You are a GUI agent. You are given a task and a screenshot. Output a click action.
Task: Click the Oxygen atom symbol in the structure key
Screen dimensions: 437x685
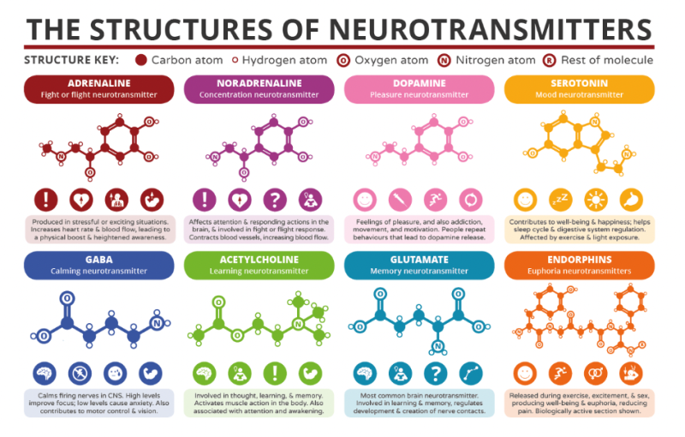(343, 60)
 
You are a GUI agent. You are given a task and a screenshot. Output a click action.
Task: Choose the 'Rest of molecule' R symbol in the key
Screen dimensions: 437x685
(548, 60)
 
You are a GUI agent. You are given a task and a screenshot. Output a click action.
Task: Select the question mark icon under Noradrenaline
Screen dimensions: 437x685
(275, 199)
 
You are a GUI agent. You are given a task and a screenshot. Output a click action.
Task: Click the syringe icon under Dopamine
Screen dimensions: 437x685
(400, 199)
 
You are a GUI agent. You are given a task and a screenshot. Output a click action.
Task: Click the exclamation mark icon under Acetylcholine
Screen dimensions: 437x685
(275, 374)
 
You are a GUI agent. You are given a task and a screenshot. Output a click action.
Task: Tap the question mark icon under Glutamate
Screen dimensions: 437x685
(435, 374)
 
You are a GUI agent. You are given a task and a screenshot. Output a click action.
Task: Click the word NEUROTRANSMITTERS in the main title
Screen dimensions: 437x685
(480, 27)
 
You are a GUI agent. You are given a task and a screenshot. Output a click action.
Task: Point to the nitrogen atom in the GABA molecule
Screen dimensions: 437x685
(157, 323)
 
